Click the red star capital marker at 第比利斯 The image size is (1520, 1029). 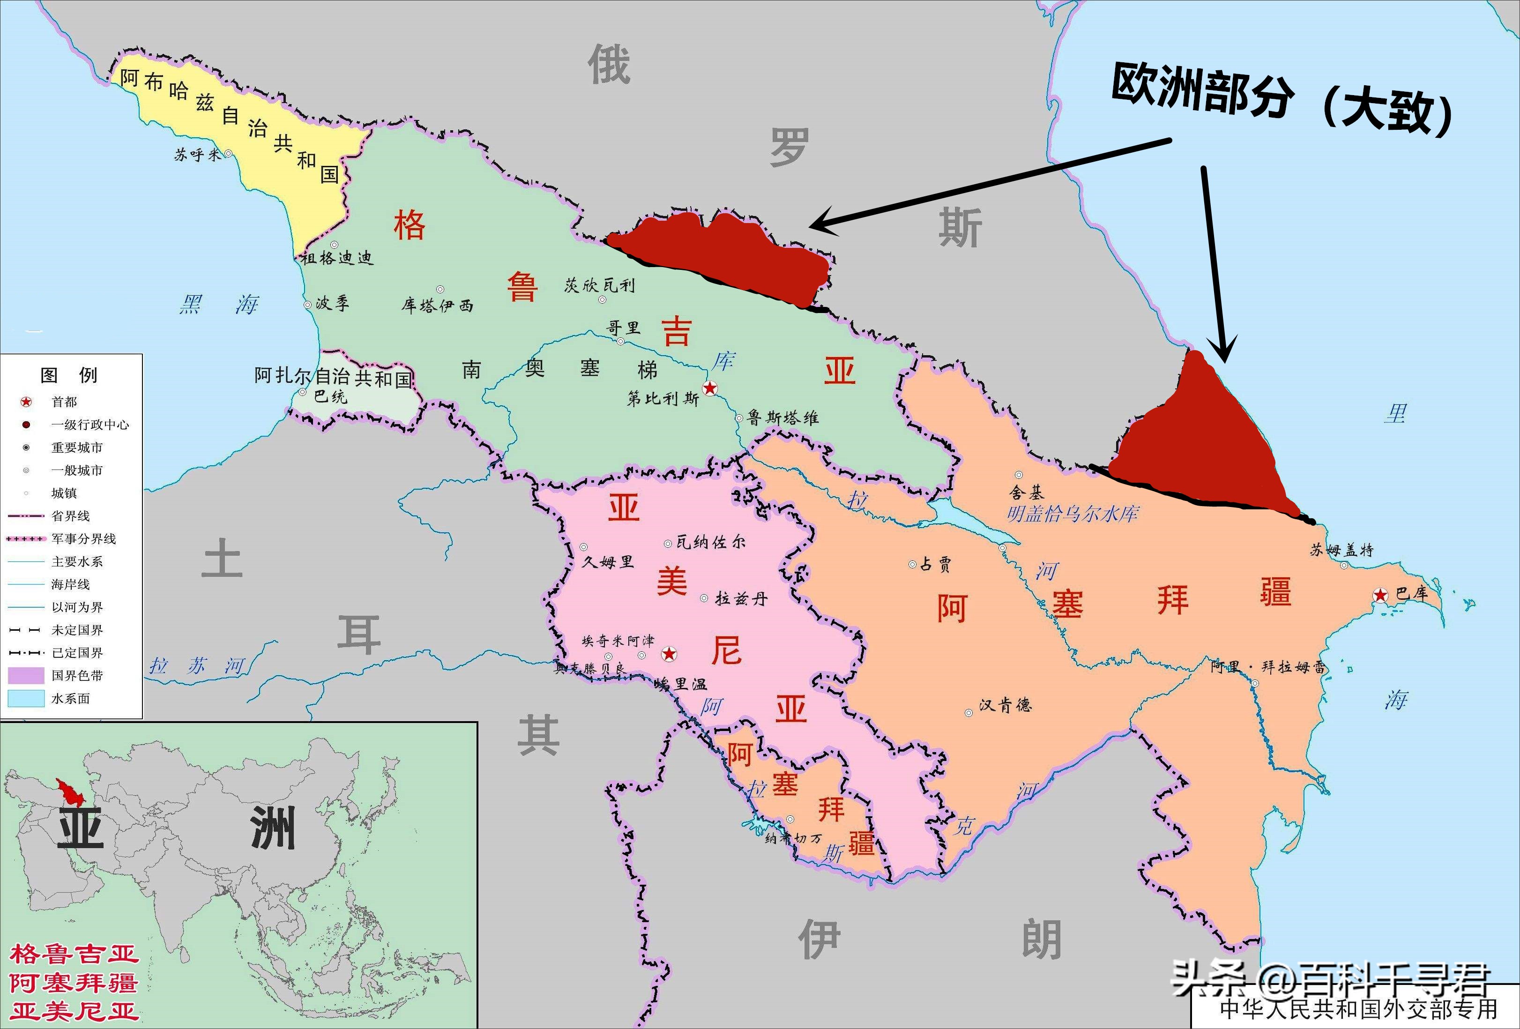point(710,388)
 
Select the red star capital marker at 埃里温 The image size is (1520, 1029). point(669,653)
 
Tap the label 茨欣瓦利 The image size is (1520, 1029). point(599,285)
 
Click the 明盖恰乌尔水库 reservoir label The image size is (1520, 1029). point(1072,514)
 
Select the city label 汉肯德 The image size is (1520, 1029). point(1005,705)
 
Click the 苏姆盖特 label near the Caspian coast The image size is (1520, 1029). point(1341,550)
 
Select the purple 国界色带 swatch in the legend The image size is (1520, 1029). point(26,675)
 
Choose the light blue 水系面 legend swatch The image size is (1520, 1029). point(26,698)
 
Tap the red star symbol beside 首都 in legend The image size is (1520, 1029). point(26,402)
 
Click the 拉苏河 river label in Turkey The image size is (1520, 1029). point(196,666)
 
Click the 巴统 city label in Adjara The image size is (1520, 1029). point(330,396)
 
